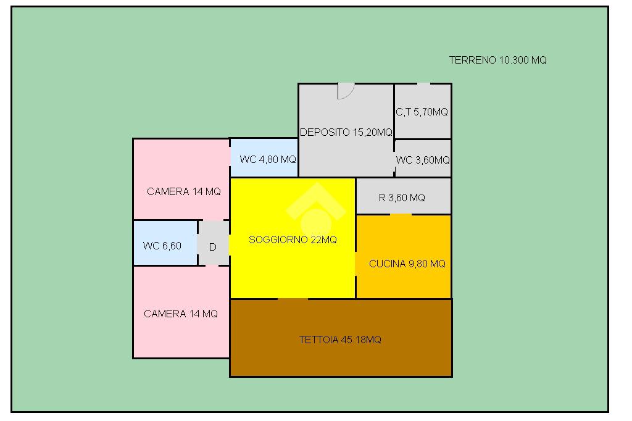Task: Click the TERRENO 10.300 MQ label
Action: [x=498, y=60]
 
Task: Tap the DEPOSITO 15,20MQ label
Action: [x=346, y=132]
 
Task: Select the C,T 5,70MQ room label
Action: [x=422, y=112]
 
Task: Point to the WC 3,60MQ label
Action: [x=423, y=160]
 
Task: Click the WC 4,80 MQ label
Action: [x=268, y=159]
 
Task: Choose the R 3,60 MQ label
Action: [x=402, y=198]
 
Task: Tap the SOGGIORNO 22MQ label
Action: [x=293, y=240]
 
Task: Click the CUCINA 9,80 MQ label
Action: [x=407, y=264]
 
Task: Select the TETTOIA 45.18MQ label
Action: [x=340, y=340]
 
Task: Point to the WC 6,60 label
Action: [x=162, y=246]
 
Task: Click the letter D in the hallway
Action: [x=213, y=247]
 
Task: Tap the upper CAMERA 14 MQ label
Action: [x=184, y=191]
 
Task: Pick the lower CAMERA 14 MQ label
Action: [x=181, y=314]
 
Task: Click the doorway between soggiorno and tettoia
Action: [x=293, y=299]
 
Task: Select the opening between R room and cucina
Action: [x=401, y=215]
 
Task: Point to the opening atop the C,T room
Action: [x=423, y=84]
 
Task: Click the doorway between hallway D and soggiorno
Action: [x=230, y=245]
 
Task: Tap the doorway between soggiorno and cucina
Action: [x=356, y=264]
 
